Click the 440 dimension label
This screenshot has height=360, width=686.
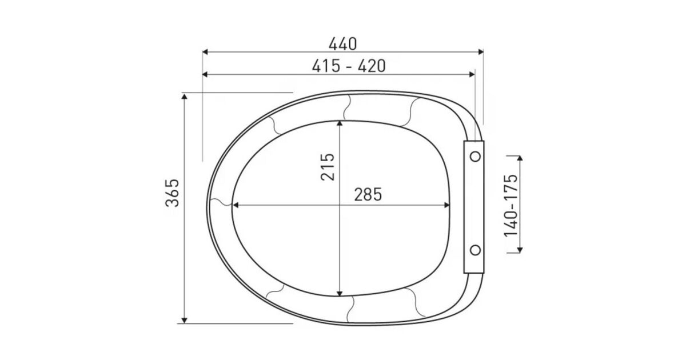coord(342,44)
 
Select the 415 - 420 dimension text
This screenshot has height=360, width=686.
coord(349,66)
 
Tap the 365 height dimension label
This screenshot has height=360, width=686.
coord(172,193)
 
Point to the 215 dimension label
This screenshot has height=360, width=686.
coord(328,167)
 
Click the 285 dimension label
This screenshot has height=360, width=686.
coord(368,194)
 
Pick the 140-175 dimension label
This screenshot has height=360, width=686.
coord(510,206)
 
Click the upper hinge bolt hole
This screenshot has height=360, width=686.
coord(475,157)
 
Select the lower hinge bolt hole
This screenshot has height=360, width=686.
coord(475,250)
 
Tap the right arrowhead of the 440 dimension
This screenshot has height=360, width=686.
coord(481,52)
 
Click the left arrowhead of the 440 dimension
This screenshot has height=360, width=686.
coord(205,52)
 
